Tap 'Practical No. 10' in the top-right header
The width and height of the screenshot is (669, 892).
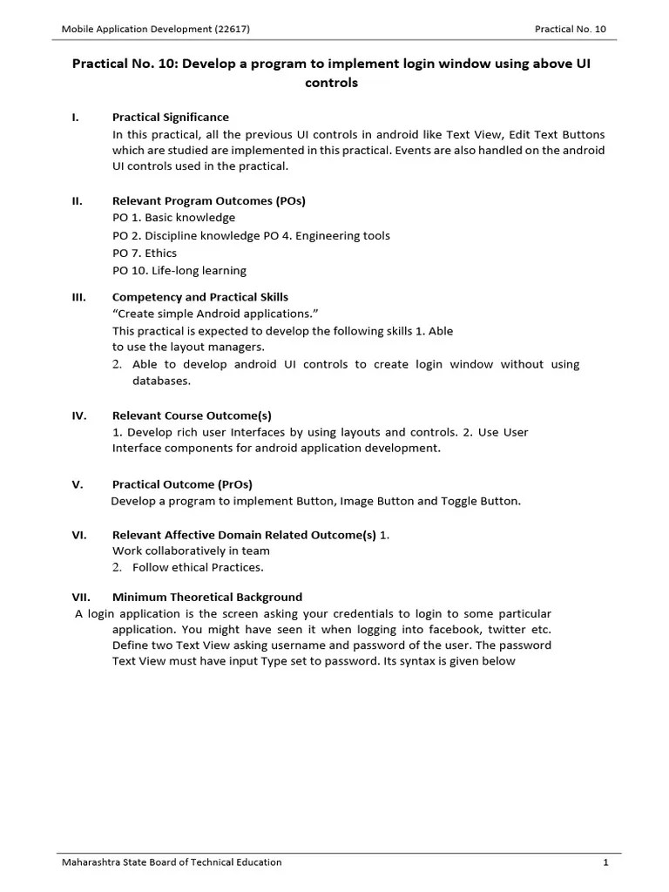570,29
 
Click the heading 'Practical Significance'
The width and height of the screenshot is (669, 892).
171,117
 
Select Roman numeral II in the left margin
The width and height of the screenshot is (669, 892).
78,200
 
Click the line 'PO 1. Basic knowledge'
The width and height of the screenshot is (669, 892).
173,218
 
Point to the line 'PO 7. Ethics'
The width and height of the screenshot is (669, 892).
145,253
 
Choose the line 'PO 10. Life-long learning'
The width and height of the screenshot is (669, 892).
179,270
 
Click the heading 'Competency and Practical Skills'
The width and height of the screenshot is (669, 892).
200,297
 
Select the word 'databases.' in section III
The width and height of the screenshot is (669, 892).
161,381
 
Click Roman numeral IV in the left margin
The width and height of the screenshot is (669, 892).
78,416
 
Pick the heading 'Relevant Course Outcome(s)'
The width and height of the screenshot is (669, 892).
186,416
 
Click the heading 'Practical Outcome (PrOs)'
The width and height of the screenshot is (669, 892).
182,484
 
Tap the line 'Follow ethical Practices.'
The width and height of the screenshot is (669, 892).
198,567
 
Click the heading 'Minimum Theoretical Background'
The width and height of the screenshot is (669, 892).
207,597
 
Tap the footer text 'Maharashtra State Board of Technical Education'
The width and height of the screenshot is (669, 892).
172,862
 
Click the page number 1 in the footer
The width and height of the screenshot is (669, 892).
604,862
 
